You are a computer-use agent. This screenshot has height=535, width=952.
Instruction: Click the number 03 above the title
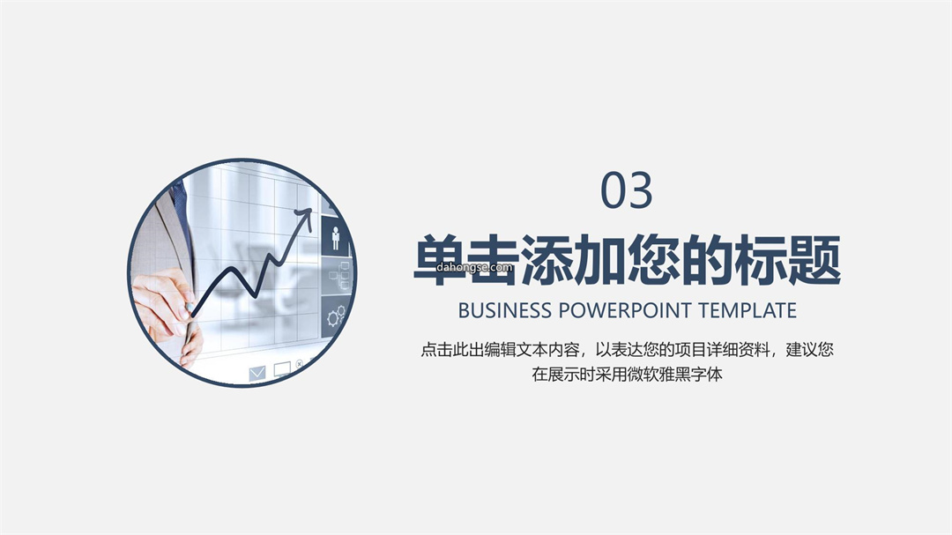[626, 190]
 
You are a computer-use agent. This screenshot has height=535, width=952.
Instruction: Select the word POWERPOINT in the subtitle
[625, 310]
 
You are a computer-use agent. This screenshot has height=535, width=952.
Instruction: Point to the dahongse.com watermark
[474, 267]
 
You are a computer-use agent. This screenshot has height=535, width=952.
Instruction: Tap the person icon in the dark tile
[336, 238]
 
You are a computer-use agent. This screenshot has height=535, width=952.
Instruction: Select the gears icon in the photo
[336, 316]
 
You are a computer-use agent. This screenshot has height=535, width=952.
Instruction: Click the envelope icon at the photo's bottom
[257, 373]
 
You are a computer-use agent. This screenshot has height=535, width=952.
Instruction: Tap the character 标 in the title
[761, 259]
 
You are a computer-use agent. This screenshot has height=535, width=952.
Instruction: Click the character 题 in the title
[814, 259]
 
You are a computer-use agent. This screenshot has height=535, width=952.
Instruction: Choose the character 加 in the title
[600, 259]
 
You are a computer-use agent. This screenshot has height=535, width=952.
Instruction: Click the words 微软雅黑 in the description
[658, 374]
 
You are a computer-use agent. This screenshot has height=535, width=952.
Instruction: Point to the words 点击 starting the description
[436, 350]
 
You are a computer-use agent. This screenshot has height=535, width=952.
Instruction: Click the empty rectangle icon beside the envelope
[282, 369]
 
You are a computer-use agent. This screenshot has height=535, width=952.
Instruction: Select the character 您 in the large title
[654, 259]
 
